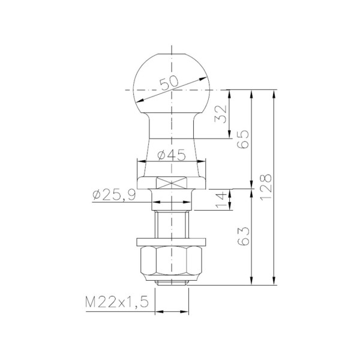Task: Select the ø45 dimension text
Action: pyautogui.click(x=171, y=155)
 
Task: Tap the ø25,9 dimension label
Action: pyautogui.click(x=114, y=196)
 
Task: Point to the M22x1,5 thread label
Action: pyautogui.click(x=117, y=302)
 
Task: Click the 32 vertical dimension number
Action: pyautogui.click(x=220, y=114)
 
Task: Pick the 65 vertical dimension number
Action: pyautogui.click(x=243, y=139)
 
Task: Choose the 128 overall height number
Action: pyautogui.click(x=266, y=187)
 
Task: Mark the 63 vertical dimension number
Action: pyautogui.click(x=243, y=236)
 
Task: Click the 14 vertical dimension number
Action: pyautogui.click(x=221, y=200)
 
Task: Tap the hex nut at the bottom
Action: pyautogui.click(x=171, y=263)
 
